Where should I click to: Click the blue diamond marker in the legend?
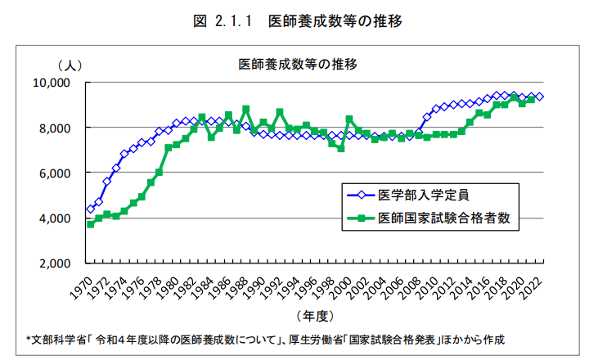coord(360,196)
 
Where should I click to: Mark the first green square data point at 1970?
coord(90,223)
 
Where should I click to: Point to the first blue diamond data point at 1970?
coord(90,209)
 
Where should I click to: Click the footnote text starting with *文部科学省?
coord(265,339)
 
